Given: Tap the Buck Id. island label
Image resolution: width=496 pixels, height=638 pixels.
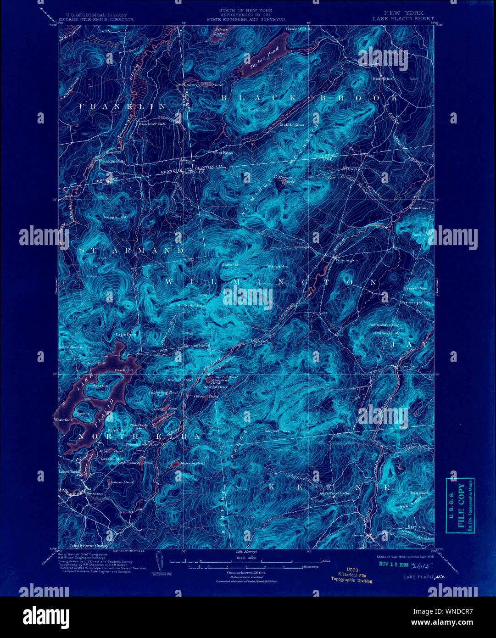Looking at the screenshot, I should tap(82, 413).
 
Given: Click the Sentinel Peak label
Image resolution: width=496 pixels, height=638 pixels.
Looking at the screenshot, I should tap(277, 431).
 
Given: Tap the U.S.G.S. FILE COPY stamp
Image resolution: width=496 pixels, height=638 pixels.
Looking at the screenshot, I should tap(460, 505).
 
